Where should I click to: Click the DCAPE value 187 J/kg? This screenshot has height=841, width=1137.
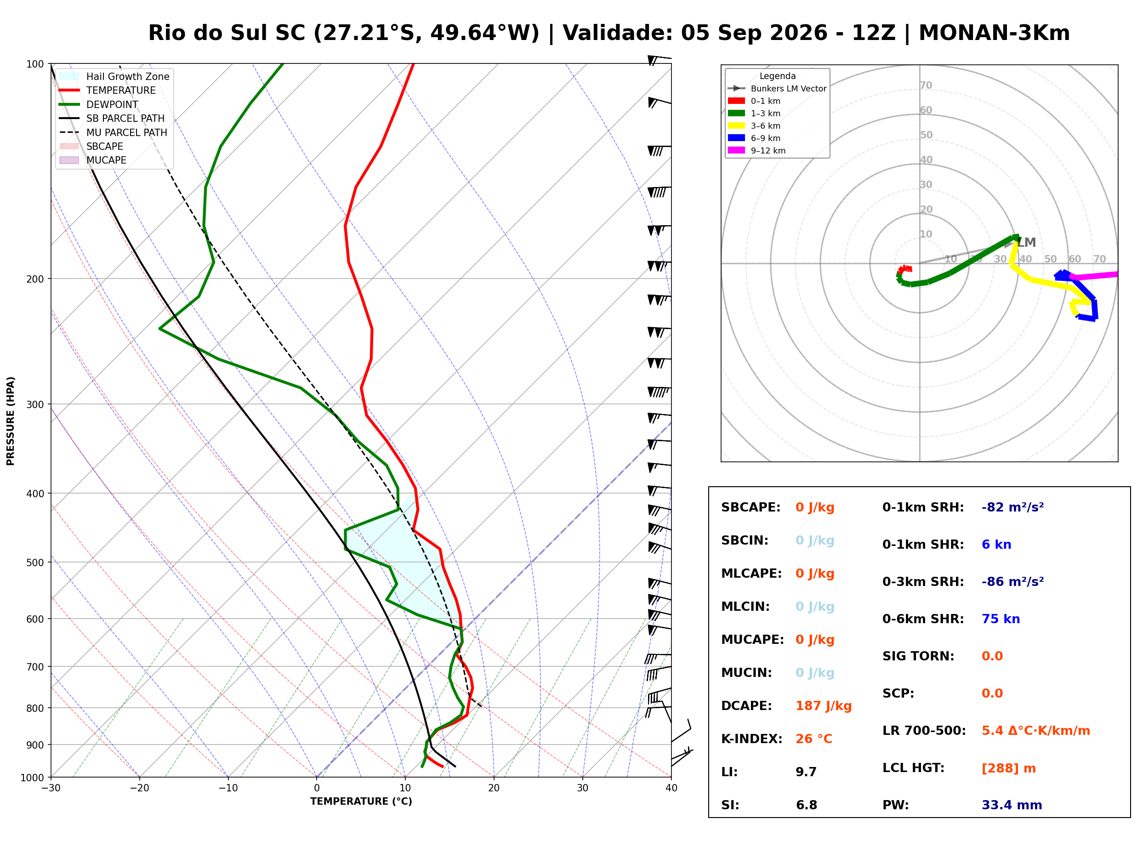click(823, 705)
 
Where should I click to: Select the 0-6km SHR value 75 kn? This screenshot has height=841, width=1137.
click(1000, 619)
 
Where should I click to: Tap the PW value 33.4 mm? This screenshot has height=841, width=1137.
click(1011, 805)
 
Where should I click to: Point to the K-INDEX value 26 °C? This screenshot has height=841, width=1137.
click(813, 739)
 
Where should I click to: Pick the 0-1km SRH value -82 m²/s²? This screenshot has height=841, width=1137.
click(1012, 507)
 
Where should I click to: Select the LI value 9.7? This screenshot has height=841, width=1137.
click(806, 772)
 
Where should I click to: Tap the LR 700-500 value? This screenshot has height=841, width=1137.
click(1035, 731)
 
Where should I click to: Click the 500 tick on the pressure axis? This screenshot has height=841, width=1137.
click(34, 563)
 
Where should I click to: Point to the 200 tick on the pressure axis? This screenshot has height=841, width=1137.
click(34, 279)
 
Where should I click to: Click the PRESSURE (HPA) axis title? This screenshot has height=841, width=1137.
click(11, 420)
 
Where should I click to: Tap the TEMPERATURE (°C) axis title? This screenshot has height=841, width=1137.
click(361, 801)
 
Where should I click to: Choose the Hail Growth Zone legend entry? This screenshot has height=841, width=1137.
click(114, 76)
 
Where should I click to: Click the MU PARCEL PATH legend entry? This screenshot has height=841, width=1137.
click(114, 132)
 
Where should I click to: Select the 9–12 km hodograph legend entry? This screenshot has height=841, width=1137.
click(756, 150)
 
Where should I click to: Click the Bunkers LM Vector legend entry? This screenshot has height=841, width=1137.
click(777, 89)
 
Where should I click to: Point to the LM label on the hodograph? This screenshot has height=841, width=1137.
click(1026, 242)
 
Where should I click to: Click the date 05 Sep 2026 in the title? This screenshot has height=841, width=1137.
click(754, 33)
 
